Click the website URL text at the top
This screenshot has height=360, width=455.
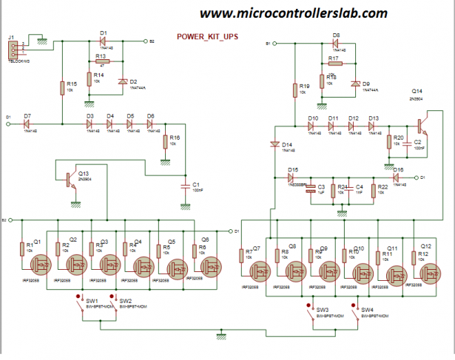click(294, 14)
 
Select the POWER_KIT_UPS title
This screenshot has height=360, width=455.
click(207, 35)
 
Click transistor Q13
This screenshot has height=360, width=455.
click(71, 178)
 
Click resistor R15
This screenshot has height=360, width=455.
click(62, 89)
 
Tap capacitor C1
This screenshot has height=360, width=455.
click(186, 187)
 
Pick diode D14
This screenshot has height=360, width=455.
click(274, 143)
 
